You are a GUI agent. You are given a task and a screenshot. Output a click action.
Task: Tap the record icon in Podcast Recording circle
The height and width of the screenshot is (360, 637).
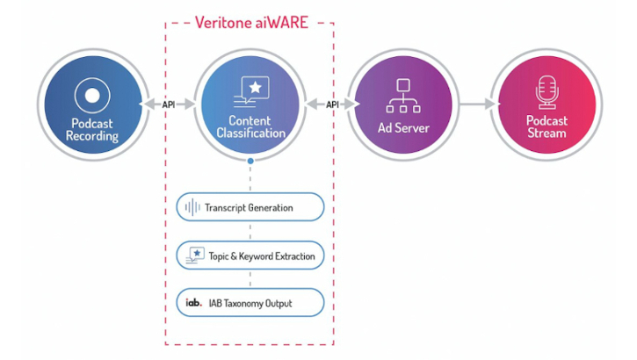click(91, 95)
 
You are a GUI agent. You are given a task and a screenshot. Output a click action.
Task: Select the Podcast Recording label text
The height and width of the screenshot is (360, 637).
click(91, 128)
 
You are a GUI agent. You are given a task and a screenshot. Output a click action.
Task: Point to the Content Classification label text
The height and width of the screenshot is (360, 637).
click(250, 127)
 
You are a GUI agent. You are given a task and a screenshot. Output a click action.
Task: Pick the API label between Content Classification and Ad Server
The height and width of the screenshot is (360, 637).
click(332, 104)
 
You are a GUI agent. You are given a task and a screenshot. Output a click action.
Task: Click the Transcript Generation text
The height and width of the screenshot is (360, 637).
click(249, 208)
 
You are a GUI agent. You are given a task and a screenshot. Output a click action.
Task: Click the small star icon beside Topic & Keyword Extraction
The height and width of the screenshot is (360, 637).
click(192, 255)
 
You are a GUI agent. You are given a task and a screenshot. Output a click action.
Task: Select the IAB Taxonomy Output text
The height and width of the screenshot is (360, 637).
click(249, 303)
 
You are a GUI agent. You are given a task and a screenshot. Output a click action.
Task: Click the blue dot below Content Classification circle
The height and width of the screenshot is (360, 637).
click(250, 162)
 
